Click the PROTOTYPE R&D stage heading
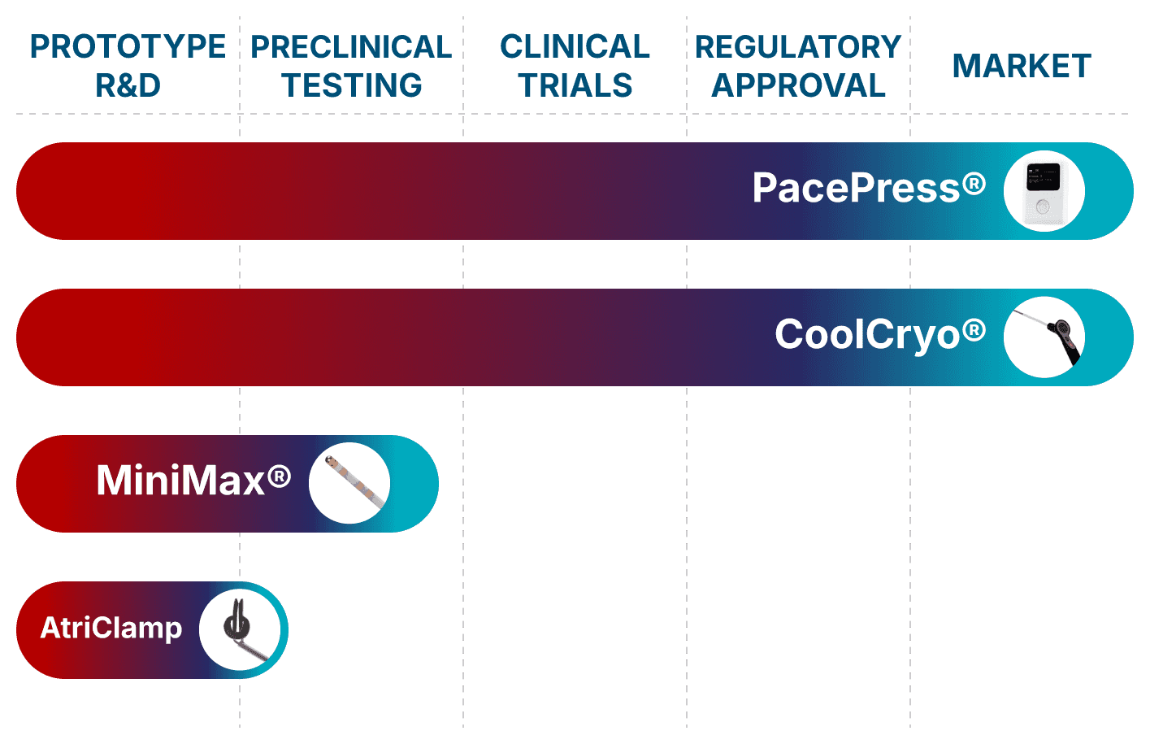tap(128, 66)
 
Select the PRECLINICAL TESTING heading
tap(351, 66)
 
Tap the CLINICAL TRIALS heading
tap(575, 66)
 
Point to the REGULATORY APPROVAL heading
tap(798, 66)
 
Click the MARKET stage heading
tap(1021, 66)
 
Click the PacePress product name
tap(857, 189)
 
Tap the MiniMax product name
tap(180, 481)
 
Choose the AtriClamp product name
tap(111, 628)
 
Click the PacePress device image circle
tap(1044, 191)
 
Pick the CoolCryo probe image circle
tap(1044, 337)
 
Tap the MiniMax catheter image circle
tap(349, 483)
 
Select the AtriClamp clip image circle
tap(240, 629)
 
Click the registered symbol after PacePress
tap(974, 184)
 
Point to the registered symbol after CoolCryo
tap(974, 330)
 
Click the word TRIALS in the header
tap(575, 85)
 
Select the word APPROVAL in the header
tap(798, 85)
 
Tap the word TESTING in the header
tap(351, 85)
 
